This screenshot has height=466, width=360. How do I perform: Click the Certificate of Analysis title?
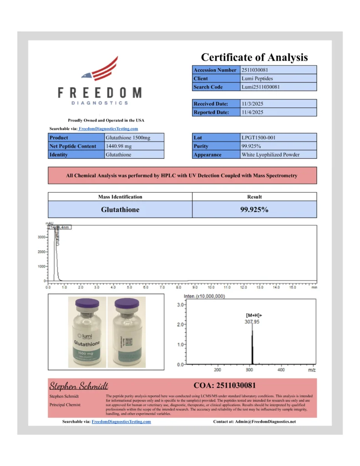click(x=254, y=57)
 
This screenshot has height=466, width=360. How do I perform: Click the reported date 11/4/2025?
click(x=252, y=112)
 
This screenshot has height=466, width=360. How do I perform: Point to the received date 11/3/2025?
click(x=252, y=104)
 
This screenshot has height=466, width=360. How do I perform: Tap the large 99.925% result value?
click(x=254, y=210)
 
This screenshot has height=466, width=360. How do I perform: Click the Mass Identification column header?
click(x=120, y=197)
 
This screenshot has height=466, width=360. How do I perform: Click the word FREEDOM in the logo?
click(x=100, y=93)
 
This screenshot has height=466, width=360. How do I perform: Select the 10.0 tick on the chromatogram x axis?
click(x=211, y=288)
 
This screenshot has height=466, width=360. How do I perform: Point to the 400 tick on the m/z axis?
click(x=281, y=370)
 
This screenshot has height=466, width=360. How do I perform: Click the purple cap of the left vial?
click(x=86, y=303)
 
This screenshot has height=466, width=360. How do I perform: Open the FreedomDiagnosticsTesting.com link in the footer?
click(x=121, y=422)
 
